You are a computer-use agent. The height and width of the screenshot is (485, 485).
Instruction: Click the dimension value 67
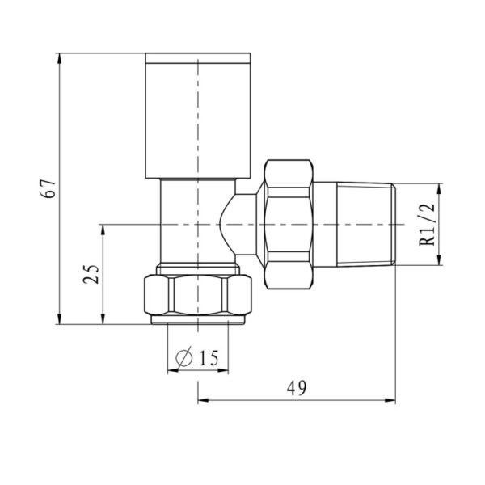(x=48, y=188)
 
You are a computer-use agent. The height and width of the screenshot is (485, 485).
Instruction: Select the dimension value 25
(x=91, y=274)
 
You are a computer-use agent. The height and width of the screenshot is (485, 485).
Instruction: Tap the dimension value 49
(x=297, y=388)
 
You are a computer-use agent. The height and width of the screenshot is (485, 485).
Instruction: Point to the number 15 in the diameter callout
(x=209, y=358)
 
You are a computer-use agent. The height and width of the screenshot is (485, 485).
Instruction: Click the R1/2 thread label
(x=427, y=224)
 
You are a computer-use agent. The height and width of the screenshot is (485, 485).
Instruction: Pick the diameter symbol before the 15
(x=183, y=358)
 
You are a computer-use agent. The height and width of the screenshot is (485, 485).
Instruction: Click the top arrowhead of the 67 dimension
(x=60, y=59)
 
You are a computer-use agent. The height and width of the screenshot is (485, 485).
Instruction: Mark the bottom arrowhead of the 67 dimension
(x=60, y=318)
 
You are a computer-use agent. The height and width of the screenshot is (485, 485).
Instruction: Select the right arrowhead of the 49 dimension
(x=390, y=401)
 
